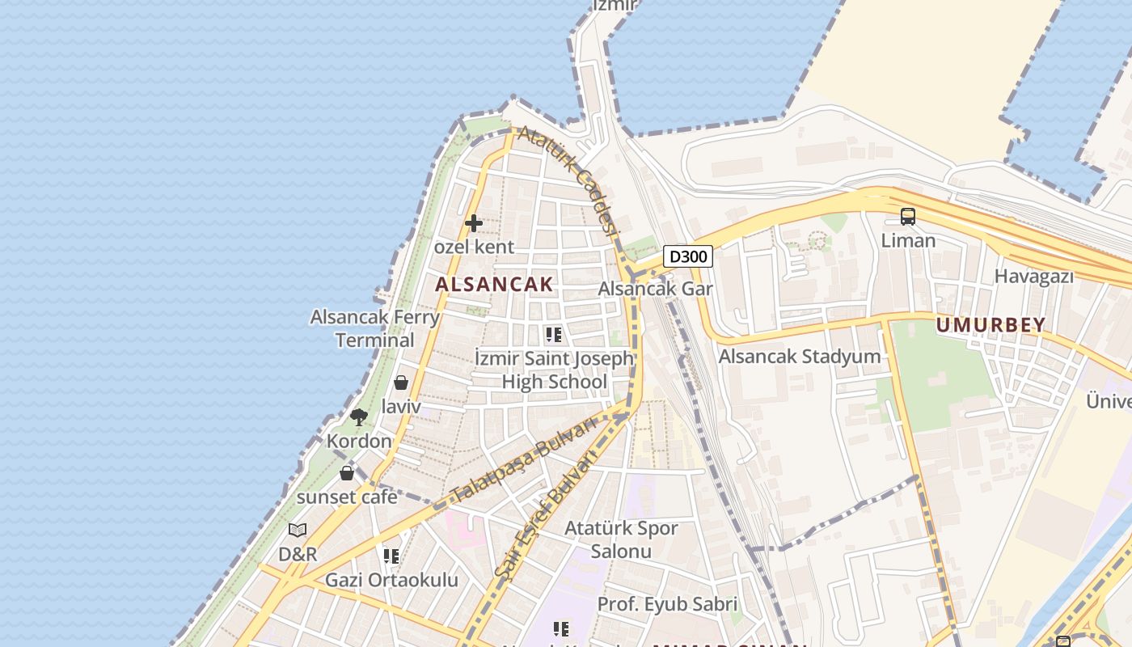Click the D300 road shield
pyautogui.click(x=688, y=256)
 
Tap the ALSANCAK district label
pyautogui.click(x=494, y=284)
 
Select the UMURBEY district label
pyautogui.click(x=990, y=325)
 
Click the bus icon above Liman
pyautogui.click(x=908, y=217)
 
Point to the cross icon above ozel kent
pyautogui.click(x=474, y=223)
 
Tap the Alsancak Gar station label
pyautogui.click(x=655, y=289)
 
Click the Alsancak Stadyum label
pyautogui.click(x=799, y=356)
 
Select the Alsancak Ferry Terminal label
pyautogui.click(x=375, y=328)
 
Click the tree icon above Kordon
pyautogui.click(x=359, y=417)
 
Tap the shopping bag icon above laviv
pyautogui.click(x=401, y=383)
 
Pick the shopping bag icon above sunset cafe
pyautogui.click(x=347, y=473)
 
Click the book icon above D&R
pyautogui.click(x=298, y=531)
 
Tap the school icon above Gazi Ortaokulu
pyautogui.click(x=391, y=556)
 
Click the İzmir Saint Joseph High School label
pyautogui.click(x=554, y=370)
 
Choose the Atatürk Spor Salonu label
pyautogui.click(x=621, y=539)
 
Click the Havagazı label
pyautogui.click(x=1033, y=277)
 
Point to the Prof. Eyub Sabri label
pyautogui.click(x=667, y=604)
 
